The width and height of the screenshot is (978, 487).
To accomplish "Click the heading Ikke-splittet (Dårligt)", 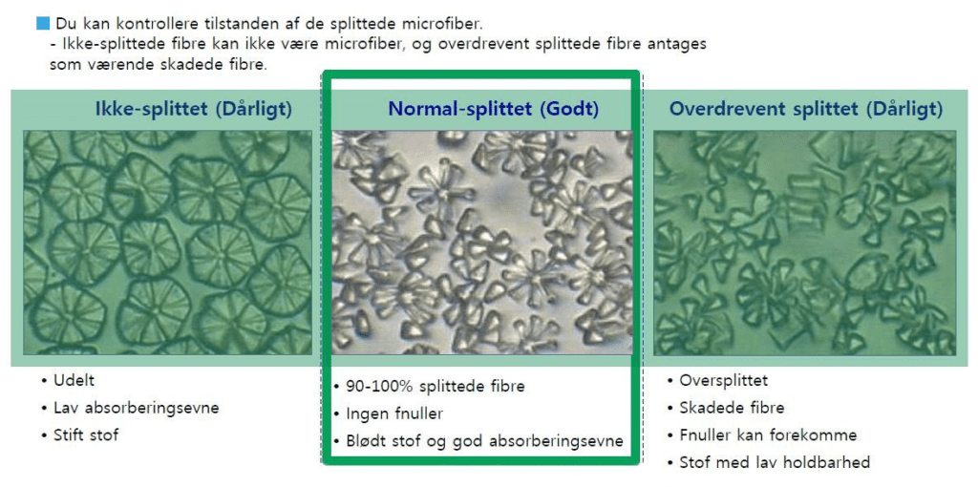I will pos(193,109).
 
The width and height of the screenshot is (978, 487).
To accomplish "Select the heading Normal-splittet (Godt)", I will pos(493,109).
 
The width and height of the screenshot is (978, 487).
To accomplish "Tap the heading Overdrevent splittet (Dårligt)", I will pos(805,109).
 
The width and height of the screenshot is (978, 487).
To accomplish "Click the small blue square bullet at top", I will pos(42,22).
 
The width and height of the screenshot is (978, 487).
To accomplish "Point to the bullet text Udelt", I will pos(74,380).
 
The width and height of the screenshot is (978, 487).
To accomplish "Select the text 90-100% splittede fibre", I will pos(436,386).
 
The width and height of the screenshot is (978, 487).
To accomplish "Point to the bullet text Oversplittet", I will pos(724,380).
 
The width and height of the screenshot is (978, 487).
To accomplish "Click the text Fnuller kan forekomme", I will pos(768,434).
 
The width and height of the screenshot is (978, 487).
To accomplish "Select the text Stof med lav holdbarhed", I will pos(775,462).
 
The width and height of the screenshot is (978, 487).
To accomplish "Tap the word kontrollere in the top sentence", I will pos(138,22).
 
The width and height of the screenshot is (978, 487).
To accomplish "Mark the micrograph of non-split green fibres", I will pos(167,243).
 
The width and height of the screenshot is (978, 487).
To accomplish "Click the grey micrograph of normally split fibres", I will pos(482,243).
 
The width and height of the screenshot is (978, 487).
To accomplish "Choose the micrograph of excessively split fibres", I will pos(804,243).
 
